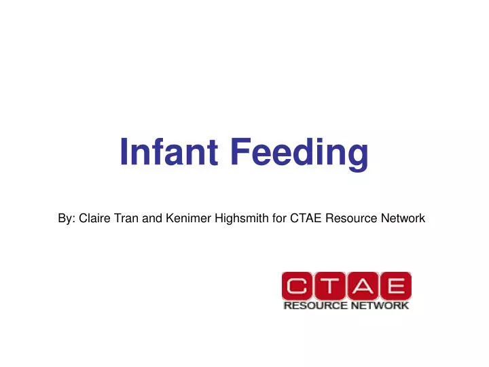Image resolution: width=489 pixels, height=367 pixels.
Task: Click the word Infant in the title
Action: [x=169, y=152]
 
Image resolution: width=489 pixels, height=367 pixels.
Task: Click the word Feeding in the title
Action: [x=298, y=153]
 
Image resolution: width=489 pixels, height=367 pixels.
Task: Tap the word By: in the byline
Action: [x=67, y=218]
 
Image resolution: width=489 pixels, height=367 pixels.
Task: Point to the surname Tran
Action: [x=128, y=218]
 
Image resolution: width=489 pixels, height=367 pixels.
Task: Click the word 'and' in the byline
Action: [x=153, y=218]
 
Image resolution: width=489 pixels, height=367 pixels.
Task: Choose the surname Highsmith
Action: [x=241, y=218]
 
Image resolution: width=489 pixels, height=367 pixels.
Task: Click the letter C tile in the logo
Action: [x=297, y=287]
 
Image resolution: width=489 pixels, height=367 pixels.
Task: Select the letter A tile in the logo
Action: [x=361, y=287]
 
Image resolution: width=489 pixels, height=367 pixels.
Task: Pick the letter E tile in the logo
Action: [x=394, y=287]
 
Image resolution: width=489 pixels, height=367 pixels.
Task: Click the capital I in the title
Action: [x=124, y=152]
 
